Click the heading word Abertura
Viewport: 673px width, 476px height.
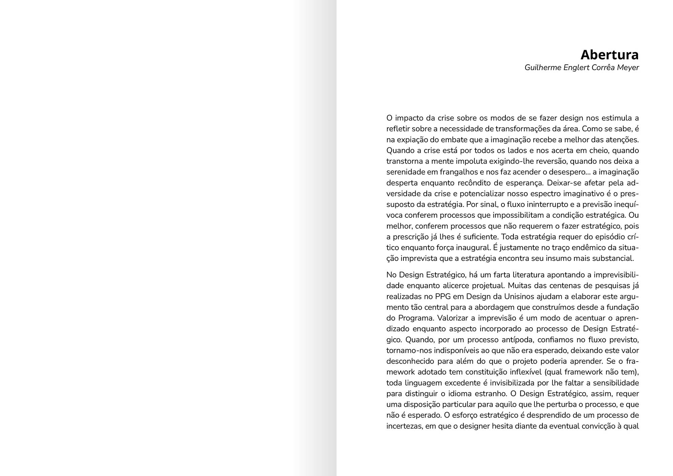tap(609, 55)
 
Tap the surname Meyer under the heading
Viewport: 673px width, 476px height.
tap(628, 68)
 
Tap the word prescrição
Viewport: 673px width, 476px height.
tap(409, 237)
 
